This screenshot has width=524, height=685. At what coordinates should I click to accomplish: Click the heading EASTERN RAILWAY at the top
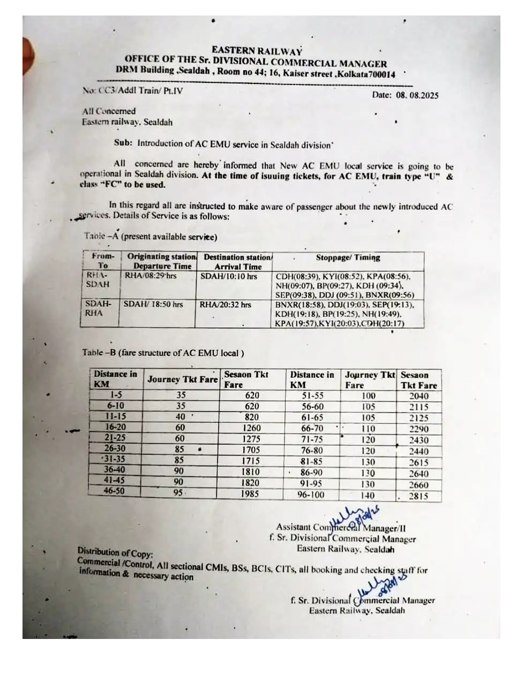[x=257, y=51]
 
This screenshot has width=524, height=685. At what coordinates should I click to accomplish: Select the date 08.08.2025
[x=417, y=95]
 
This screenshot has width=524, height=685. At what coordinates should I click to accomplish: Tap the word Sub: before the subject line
[x=123, y=143]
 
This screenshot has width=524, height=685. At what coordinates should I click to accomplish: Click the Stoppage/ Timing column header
[x=348, y=257]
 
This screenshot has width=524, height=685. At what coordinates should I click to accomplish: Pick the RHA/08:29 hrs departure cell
[x=151, y=276]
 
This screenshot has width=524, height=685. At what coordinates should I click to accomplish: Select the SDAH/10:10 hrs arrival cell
[x=229, y=277]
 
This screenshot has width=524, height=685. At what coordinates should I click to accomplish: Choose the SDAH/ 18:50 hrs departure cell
[x=153, y=304]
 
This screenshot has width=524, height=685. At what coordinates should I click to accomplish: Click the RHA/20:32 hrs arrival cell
[x=225, y=305]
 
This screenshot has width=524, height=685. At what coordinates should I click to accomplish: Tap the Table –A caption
[x=150, y=237]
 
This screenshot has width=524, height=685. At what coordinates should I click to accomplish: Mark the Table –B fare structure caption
[x=163, y=353]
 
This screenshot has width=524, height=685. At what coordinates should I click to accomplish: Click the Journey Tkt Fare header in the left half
[x=182, y=379]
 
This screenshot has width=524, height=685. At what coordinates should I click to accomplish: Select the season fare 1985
[x=249, y=494]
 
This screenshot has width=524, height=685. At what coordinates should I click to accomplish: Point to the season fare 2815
[x=418, y=496]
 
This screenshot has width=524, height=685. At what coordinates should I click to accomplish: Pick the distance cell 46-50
[x=114, y=491]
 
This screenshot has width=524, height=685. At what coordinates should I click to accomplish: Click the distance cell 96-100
[x=311, y=495]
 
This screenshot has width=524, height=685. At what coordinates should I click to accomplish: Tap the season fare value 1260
[x=251, y=428]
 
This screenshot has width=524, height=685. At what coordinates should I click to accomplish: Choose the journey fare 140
[x=368, y=496]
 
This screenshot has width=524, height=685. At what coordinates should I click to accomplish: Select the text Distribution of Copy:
[x=115, y=552]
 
